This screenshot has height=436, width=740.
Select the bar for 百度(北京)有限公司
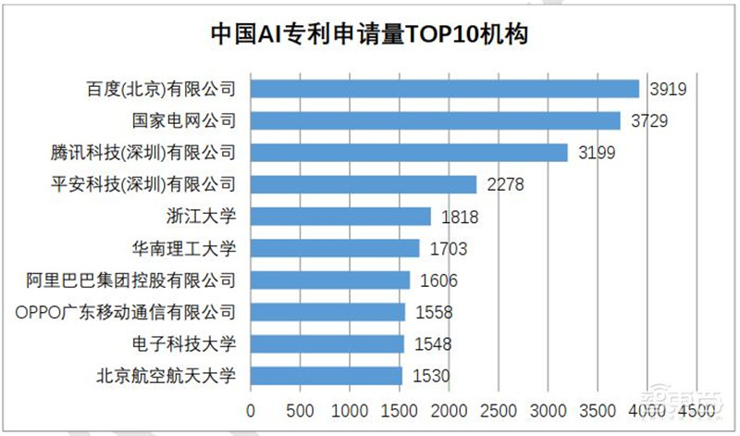pos(445,89)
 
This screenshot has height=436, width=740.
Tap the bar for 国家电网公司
pos(436,120)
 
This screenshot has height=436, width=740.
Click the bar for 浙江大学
pos(340,216)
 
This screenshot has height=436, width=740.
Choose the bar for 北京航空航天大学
pos(327,376)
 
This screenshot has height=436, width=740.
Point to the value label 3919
pos(666,90)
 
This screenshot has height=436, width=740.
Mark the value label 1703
pos(447,249)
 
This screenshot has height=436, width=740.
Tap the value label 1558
pos(433,313)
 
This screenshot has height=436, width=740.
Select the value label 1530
pos(430,377)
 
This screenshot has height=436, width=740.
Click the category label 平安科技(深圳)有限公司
pos(143,184)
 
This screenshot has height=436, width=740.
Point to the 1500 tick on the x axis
pos(400,409)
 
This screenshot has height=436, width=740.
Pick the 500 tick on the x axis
pos(300,409)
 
